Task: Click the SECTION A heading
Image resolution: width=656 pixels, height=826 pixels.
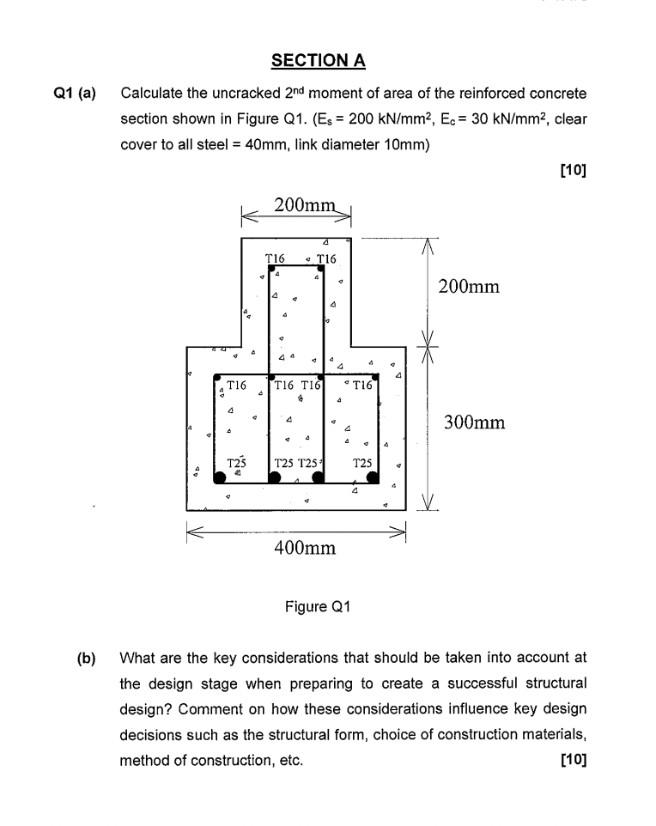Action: point(319,60)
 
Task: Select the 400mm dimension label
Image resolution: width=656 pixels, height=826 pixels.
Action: point(304,548)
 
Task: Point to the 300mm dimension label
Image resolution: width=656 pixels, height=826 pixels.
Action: point(475,422)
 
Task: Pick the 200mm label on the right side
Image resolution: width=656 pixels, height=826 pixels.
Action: point(468,286)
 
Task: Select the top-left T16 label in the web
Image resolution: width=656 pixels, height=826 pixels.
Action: point(275,258)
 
